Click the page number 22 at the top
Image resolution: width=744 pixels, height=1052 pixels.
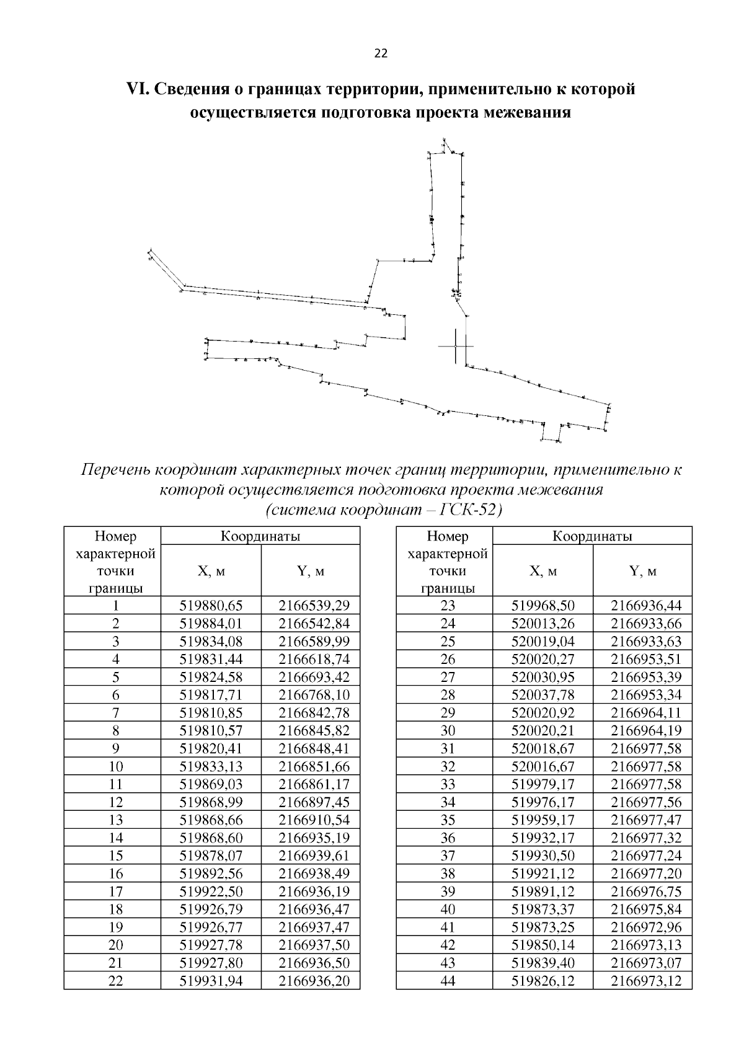click(381, 54)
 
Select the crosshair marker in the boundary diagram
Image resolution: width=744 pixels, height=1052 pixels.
click(456, 346)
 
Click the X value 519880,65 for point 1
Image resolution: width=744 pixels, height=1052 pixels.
click(211, 606)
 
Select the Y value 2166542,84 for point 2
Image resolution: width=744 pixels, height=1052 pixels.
click(311, 624)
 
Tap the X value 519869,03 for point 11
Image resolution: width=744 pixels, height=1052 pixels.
click(211, 784)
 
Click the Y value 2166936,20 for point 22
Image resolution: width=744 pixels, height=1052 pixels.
click(311, 981)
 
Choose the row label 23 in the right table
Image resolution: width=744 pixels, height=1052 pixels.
click(448, 606)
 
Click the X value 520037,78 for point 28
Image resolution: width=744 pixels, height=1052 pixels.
click(542, 695)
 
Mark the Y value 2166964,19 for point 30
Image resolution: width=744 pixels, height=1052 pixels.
click(642, 730)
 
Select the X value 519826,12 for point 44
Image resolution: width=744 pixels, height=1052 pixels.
click(542, 981)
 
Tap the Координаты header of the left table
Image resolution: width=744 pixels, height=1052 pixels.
click(260, 536)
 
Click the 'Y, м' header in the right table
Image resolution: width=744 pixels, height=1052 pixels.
click(642, 571)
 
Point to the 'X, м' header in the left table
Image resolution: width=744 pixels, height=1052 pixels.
click(211, 571)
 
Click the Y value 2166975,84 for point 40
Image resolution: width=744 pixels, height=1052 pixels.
click(642, 909)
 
